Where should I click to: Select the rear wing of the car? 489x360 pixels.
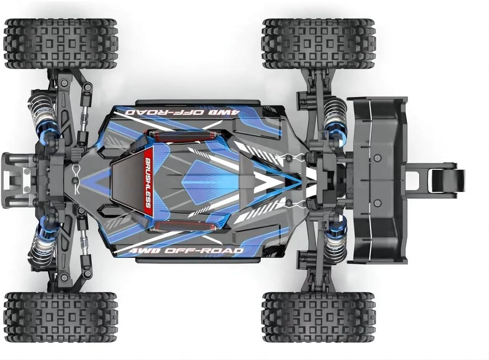pos(377,180)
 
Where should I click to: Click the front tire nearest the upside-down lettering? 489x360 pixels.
pos(61,43)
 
